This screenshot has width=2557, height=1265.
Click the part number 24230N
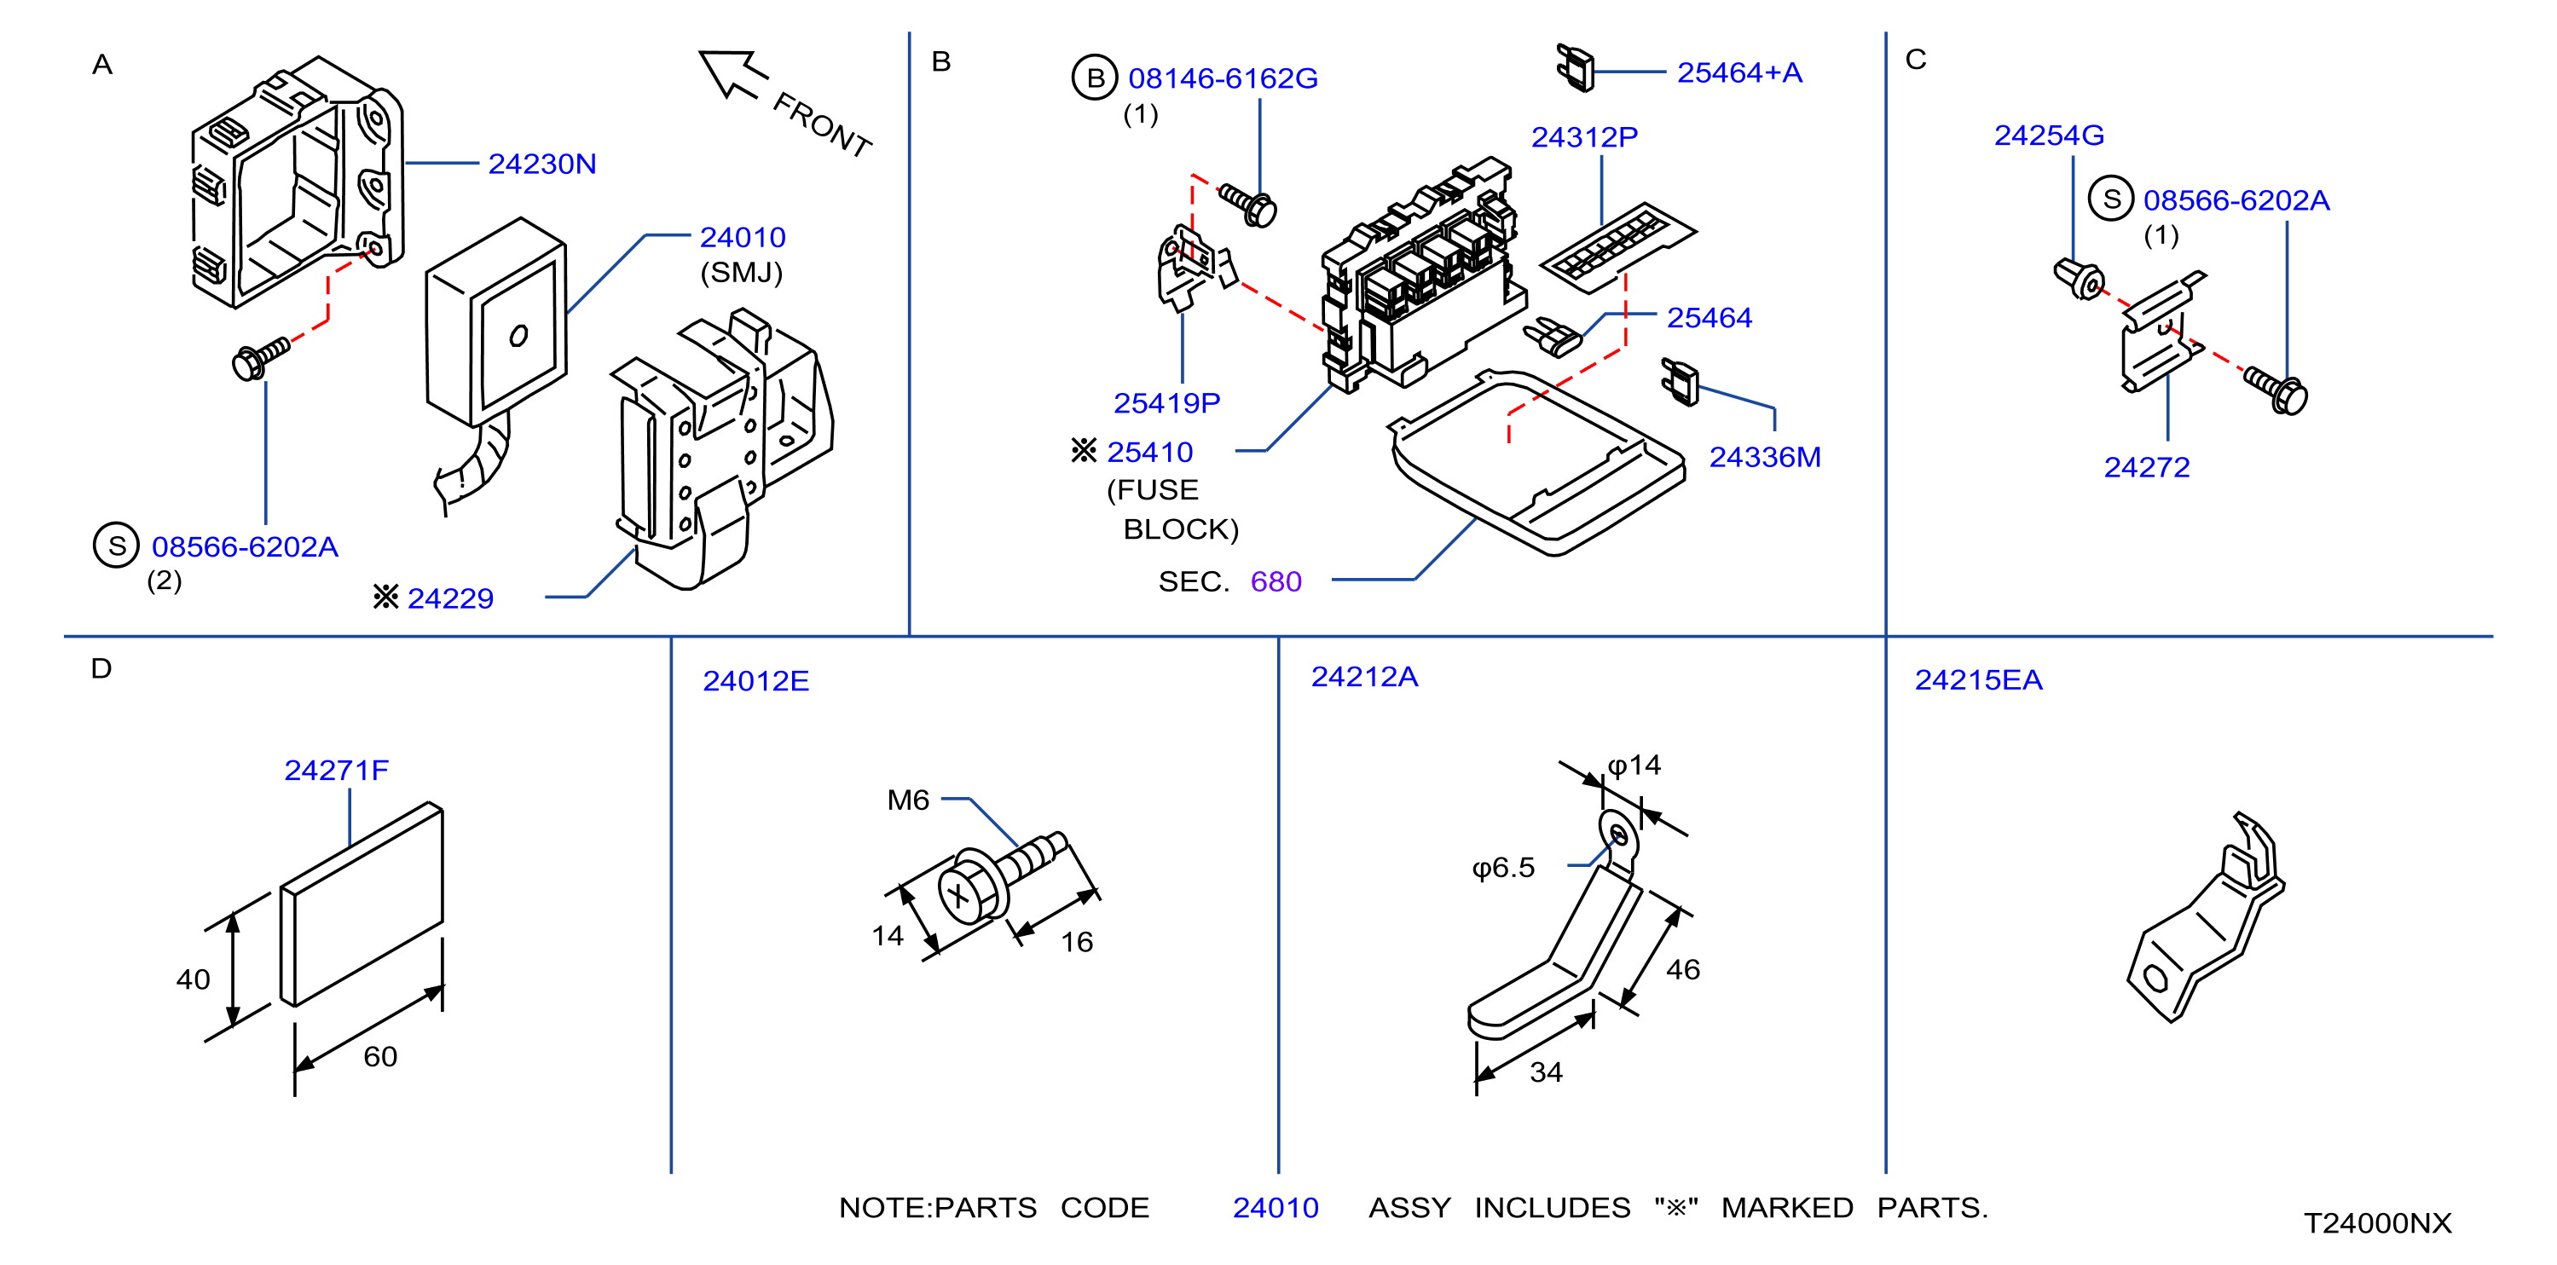click(x=542, y=164)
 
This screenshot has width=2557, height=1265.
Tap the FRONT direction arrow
click(x=733, y=74)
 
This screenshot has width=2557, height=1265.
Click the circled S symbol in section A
click(x=116, y=545)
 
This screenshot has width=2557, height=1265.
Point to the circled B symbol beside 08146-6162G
click(x=1095, y=78)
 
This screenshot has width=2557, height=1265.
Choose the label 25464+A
click(x=1739, y=72)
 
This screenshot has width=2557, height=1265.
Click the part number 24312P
click(x=1584, y=137)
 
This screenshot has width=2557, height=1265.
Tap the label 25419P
click(x=1166, y=403)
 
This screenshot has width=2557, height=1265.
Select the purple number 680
click(x=1276, y=581)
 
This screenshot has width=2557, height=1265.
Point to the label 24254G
click(x=2049, y=135)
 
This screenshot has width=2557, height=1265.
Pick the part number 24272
click(x=2147, y=466)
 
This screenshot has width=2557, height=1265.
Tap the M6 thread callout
click(x=907, y=800)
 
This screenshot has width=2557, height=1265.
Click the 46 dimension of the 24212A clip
click(x=1682, y=969)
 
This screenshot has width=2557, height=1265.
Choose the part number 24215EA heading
click(x=1978, y=679)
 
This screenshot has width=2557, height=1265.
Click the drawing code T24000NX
click(x=2377, y=1222)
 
